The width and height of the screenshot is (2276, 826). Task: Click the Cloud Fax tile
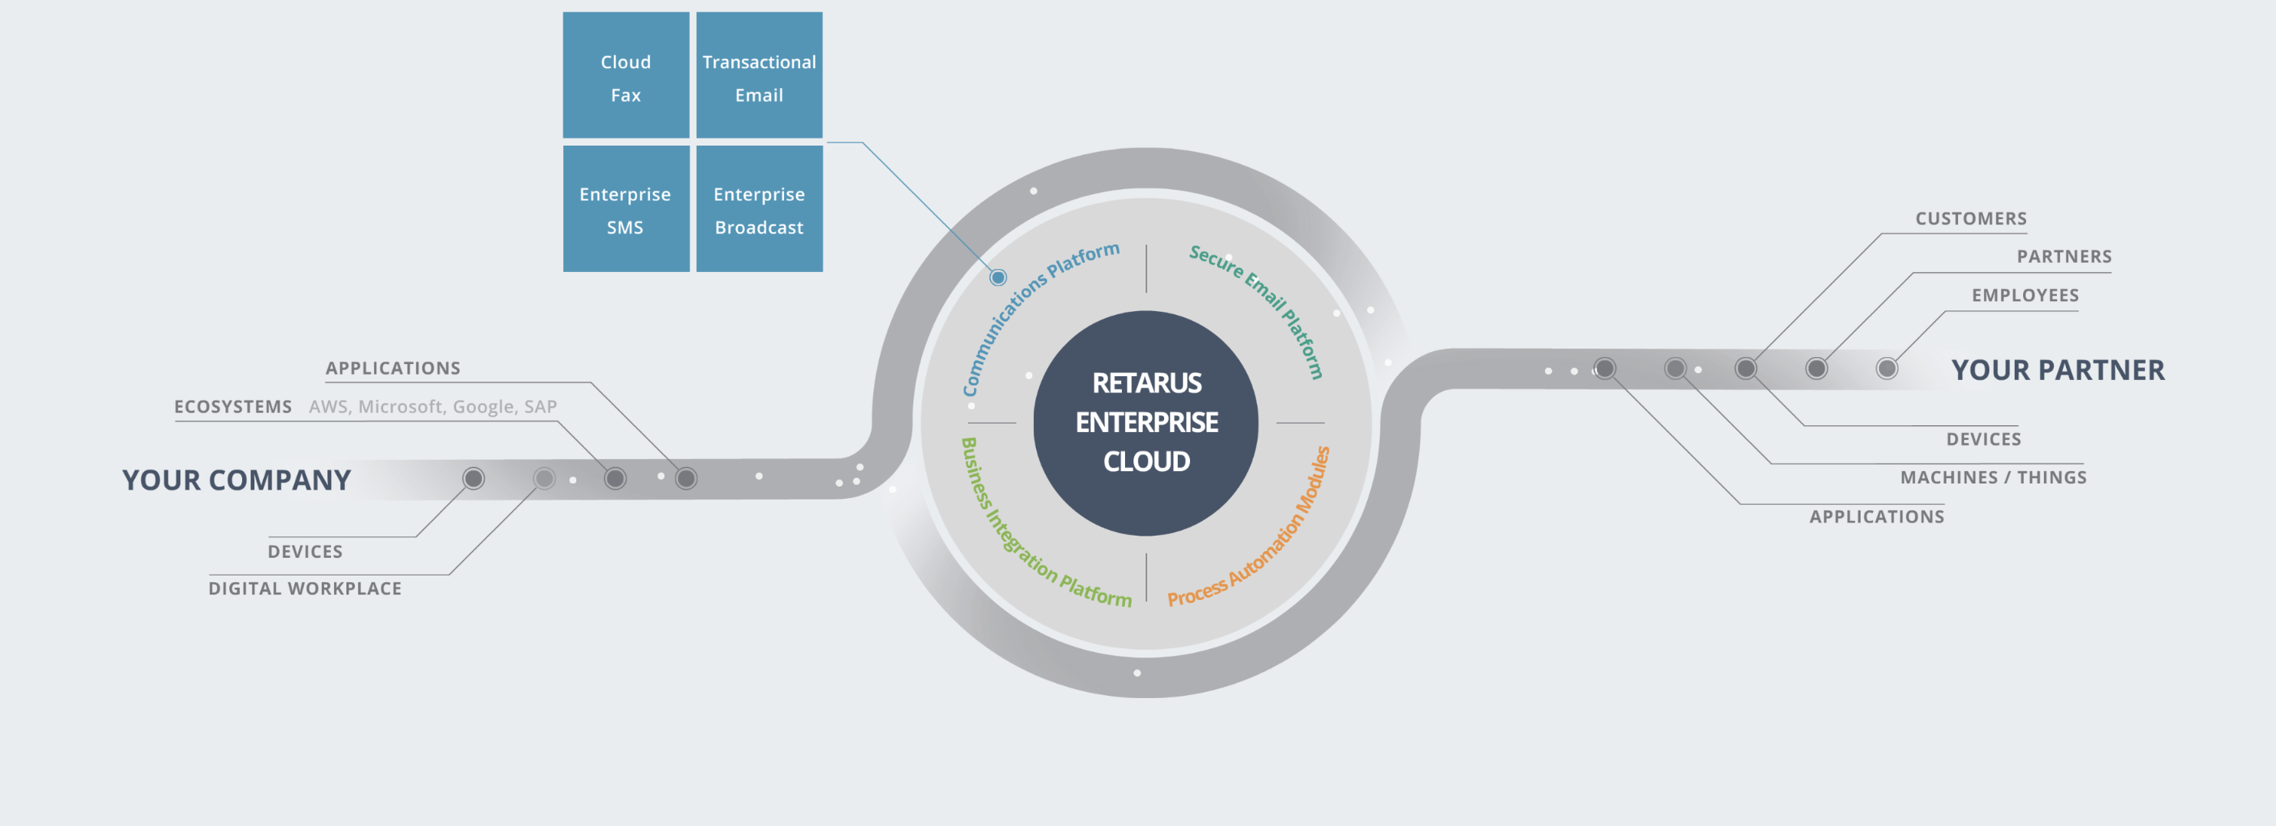click(625, 76)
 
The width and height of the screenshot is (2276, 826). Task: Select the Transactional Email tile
click(759, 76)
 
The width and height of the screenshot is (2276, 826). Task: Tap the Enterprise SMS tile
click(625, 209)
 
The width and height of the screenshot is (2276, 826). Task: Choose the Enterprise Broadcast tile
click(759, 209)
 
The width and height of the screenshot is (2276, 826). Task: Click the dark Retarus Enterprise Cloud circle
click(1146, 422)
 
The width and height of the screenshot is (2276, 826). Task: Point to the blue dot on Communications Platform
click(999, 277)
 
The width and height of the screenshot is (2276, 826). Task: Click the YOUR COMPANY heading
click(236, 480)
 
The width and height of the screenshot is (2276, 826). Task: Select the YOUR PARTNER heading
click(2058, 370)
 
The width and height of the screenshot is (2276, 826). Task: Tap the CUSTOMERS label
click(1970, 218)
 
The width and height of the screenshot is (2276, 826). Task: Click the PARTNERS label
click(2064, 256)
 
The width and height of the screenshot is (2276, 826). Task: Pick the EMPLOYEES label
click(2025, 295)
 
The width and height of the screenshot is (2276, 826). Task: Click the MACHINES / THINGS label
click(1993, 477)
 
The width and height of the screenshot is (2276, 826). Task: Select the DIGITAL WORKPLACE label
click(305, 588)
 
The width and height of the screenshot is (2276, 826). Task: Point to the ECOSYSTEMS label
click(232, 406)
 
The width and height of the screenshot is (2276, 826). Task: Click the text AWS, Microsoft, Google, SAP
click(433, 406)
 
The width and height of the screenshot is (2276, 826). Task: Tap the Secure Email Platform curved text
click(1264, 300)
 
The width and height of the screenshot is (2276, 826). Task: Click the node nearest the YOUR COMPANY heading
click(474, 479)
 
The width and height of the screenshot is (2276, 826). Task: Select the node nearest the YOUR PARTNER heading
click(1887, 369)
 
